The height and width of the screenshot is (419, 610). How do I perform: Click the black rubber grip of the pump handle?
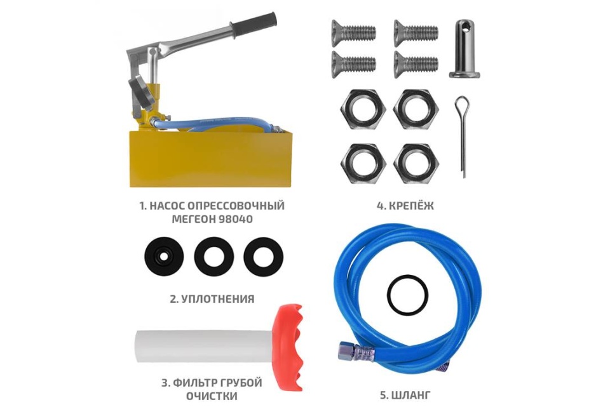[254, 24]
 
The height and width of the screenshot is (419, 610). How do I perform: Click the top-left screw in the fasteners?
[353, 30]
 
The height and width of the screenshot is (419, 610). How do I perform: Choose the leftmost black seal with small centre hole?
[163, 256]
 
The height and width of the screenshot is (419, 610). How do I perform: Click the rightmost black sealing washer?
[263, 256]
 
